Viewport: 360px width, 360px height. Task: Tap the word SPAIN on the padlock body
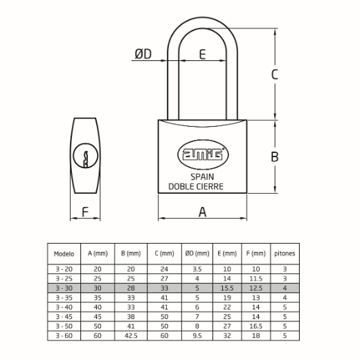pyautogui.click(x=202, y=177)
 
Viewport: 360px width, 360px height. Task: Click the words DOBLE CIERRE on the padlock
pyautogui.click(x=196, y=186)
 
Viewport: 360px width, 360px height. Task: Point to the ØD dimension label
pyautogui.click(x=143, y=54)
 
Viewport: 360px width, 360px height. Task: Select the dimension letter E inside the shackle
pyautogui.click(x=202, y=55)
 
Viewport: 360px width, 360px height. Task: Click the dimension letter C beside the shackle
pyautogui.click(x=274, y=74)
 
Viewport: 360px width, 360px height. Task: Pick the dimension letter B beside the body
pyautogui.click(x=275, y=156)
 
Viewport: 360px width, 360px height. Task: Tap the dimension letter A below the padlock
pyautogui.click(x=202, y=212)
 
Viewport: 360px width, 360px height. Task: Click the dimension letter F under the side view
pyautogui.click(x=85, y=212)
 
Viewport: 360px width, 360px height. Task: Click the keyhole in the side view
pyautogui.click(x=85, y=159)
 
